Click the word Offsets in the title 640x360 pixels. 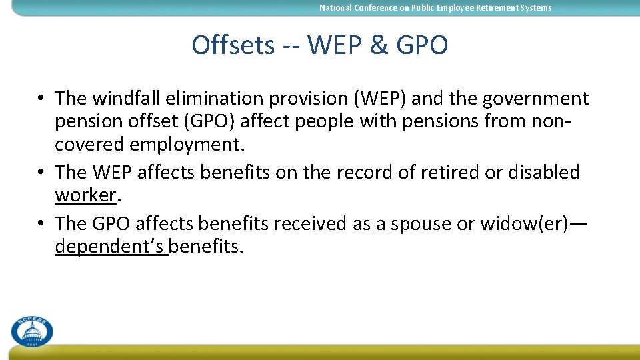(x=233, y=45)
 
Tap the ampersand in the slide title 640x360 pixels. (x=378, y=45)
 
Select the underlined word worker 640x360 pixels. (x=85, y=196)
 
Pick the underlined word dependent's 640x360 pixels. (x=110, y=247)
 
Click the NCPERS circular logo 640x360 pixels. (x=31, y=330)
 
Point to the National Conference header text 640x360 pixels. (x=435, y=8)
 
